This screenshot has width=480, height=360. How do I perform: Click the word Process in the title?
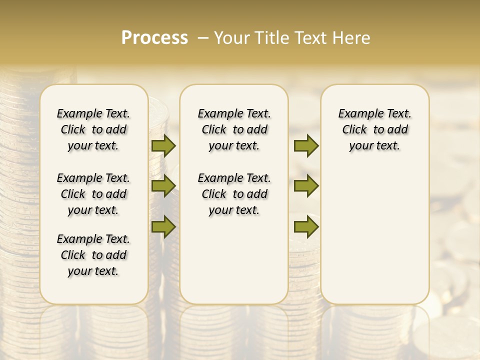point(154,38)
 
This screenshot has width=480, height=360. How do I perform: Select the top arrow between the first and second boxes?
point(163,145)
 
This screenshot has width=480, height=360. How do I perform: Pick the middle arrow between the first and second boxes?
point(163,186)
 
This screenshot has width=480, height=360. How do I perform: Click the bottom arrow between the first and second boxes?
point(163,227)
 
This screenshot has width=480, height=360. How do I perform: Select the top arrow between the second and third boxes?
point(306,145)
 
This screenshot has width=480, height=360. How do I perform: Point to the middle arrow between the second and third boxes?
point(306,186)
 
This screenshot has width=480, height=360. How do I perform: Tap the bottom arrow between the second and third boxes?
point(306,227)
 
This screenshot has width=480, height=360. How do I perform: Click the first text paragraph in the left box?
point(93,129)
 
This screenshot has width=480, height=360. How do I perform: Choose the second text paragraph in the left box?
point(93,194)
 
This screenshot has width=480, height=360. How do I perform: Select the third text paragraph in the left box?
point(93,255)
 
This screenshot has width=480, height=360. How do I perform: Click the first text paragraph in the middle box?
point(234,129)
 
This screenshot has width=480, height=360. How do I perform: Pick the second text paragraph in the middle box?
point(234,194)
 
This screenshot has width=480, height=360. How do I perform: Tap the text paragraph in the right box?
point(374,129)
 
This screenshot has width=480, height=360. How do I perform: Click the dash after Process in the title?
point(203,38)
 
